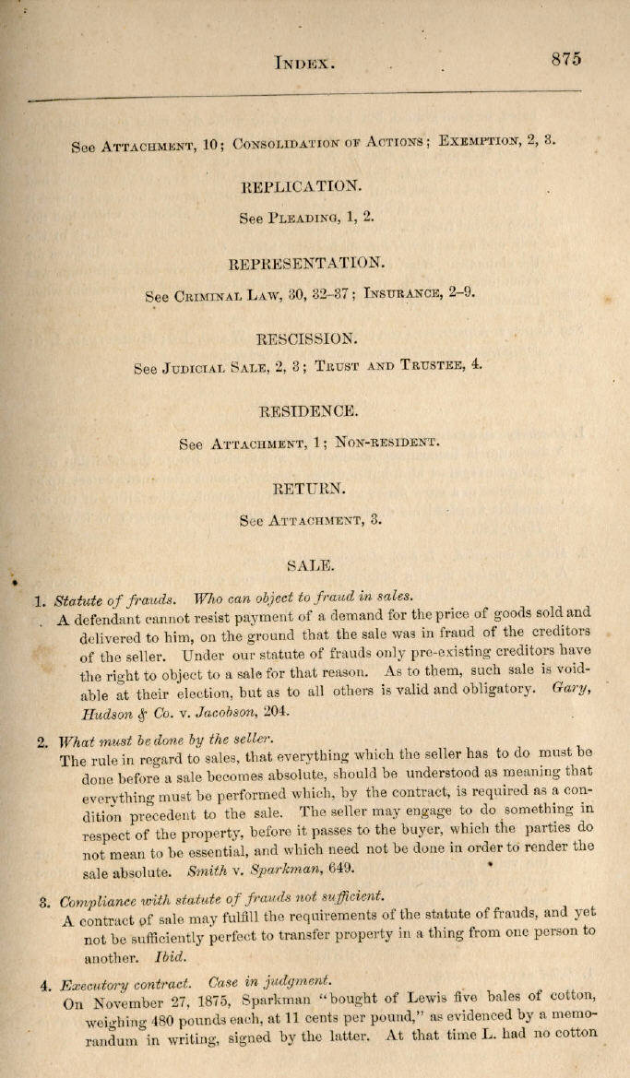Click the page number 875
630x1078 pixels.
[x=566, y=59]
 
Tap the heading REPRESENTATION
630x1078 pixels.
[x=303, y=263]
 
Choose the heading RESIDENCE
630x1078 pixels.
[x=308, y=410]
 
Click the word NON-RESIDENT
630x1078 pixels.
[x=387, y=442]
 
